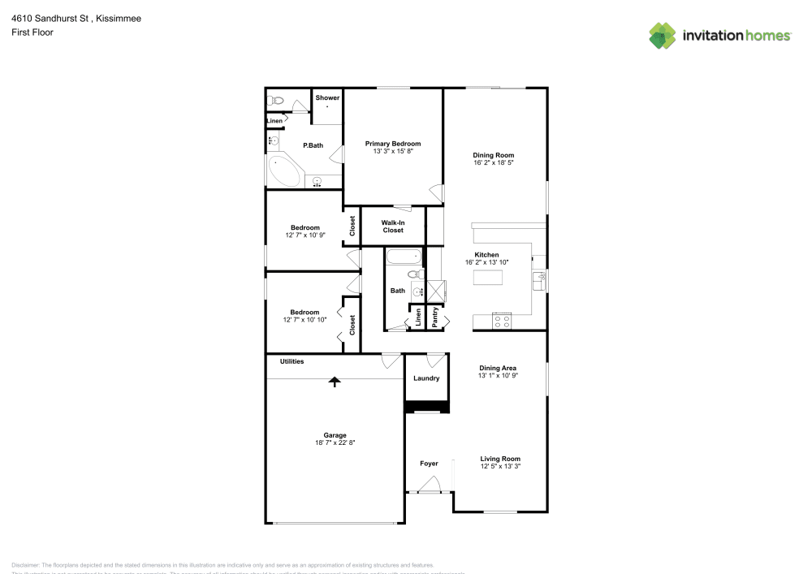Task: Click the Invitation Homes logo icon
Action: [663, 35]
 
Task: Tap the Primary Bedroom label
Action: [393, 144]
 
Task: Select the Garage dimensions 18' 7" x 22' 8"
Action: [335, 442]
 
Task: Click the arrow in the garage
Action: [334, 381]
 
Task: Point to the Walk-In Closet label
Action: [393, 226]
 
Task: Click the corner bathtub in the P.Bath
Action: [283, 172]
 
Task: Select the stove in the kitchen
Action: [502, 322]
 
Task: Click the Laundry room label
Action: [426, 378]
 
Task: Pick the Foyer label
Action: [429, 464]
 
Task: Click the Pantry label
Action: [436, 316]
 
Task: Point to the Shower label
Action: [327, 97]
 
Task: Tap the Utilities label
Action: [292, 361]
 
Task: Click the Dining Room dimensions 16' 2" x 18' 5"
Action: [494, 162]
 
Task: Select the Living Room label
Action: [500, 459]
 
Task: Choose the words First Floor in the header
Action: [32, 32]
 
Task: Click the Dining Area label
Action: [498, 368]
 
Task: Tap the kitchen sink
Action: [539, 280]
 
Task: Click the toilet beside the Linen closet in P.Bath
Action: [275, 101]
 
